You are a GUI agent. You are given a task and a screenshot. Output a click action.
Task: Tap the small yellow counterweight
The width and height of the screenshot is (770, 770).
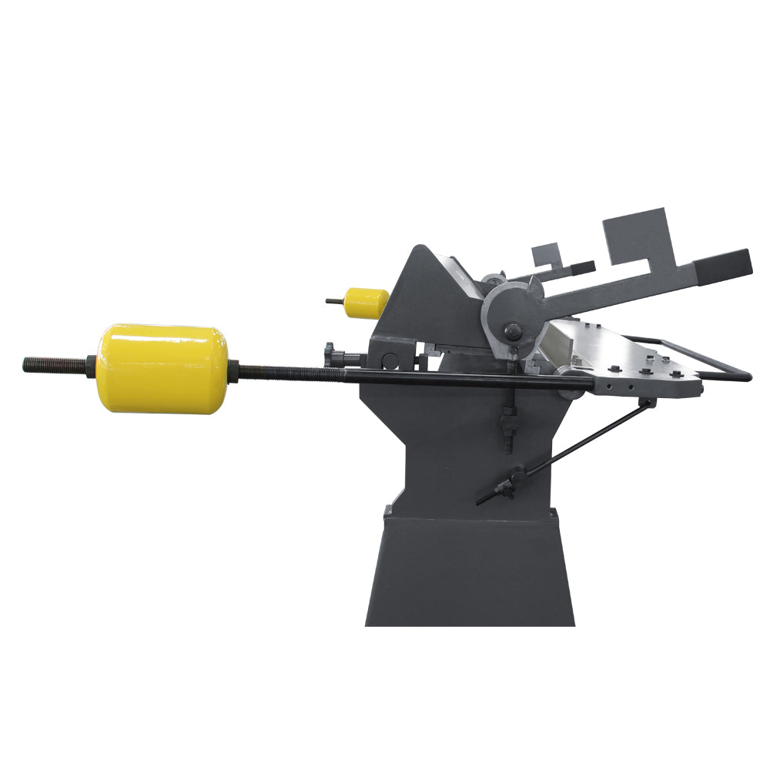pos(367,303)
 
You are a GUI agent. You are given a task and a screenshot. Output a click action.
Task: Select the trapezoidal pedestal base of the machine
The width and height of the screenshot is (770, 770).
pos(470,570)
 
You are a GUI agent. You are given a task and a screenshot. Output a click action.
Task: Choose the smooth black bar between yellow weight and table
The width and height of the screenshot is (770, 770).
pos(462,380)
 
